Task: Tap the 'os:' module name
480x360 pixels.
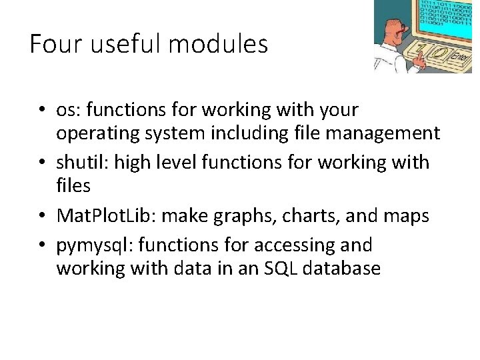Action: click(x=69, y=109)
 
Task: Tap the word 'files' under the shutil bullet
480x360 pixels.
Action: click(x=73, y=185)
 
